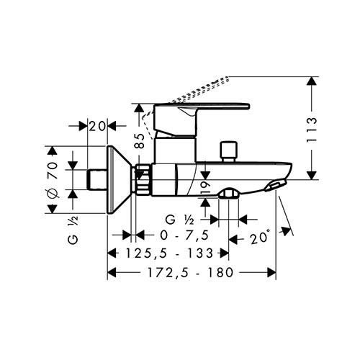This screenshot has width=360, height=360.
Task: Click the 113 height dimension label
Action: [x=312, y=130]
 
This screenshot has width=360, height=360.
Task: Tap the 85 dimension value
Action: [x=139, y=140]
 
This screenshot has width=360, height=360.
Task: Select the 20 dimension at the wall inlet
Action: [x=97, y=126]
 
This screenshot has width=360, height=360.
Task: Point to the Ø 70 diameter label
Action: [x=53, y=180]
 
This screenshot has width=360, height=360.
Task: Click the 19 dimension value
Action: [x=204, y=188]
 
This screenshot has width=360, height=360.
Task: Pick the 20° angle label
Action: [x=259, y=238]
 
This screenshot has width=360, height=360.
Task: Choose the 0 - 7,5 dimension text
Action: [x=184, y=235]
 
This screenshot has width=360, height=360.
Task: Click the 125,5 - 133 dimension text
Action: [x=169, y=253]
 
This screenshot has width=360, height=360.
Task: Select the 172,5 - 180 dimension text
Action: [x=190, y=272]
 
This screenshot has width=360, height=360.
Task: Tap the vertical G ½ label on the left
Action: [x=73, y=230]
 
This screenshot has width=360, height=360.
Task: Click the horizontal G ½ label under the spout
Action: [x=180, y=220]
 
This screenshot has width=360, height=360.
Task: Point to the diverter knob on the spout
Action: [x=229, y=152]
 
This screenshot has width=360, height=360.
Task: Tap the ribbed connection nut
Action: [x=143, y=179]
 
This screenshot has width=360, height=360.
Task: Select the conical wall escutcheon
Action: [x=120, y=179]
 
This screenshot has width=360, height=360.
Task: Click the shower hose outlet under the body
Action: [x=228, y=194]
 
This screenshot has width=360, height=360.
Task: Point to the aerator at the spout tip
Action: [x=276, y=185]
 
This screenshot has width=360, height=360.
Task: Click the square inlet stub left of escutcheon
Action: [x=97, y=179]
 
